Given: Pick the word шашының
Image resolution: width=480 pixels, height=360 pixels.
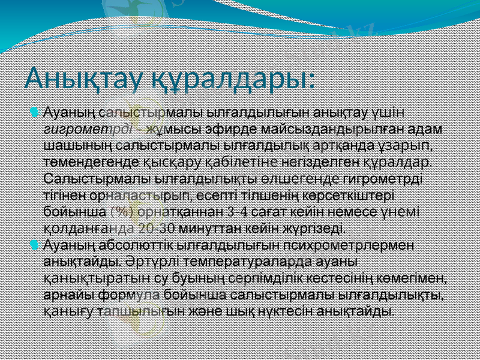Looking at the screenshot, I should click(x=70, y=145).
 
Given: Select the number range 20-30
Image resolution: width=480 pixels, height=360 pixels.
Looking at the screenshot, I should click(x=157, y=229).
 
